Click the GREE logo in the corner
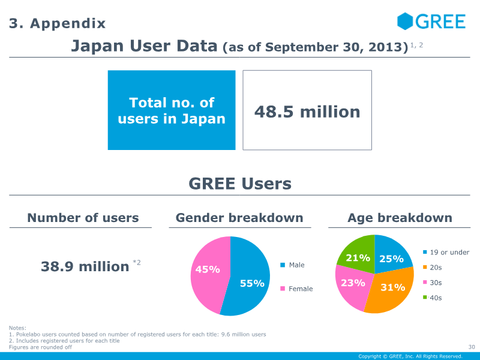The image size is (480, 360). [x=431, y=22]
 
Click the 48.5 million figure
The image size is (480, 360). [x=307, y=112]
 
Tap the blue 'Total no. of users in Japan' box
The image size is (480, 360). [x=172, y=110]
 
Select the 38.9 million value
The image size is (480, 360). [x=85, y=266]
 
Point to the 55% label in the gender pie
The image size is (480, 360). [x=252, y=283]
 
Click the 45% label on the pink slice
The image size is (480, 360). [x=208, y=269]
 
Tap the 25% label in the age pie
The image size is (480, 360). [x=391, y=259]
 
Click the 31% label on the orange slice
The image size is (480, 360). [x=393, y=287]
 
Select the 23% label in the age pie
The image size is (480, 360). [x=353, y=283]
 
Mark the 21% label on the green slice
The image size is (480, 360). [x=358, y=258]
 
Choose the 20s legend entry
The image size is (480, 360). [x=436, y=268]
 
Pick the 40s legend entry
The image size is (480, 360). [x=436, y=298]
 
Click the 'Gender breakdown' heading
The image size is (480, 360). [x=239, y=218]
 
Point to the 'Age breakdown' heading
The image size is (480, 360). [x=400, y=218]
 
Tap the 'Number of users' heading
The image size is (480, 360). [x=83, y=218]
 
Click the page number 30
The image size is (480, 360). [x=471, y=347]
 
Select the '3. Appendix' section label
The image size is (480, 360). [x=58, y=23]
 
